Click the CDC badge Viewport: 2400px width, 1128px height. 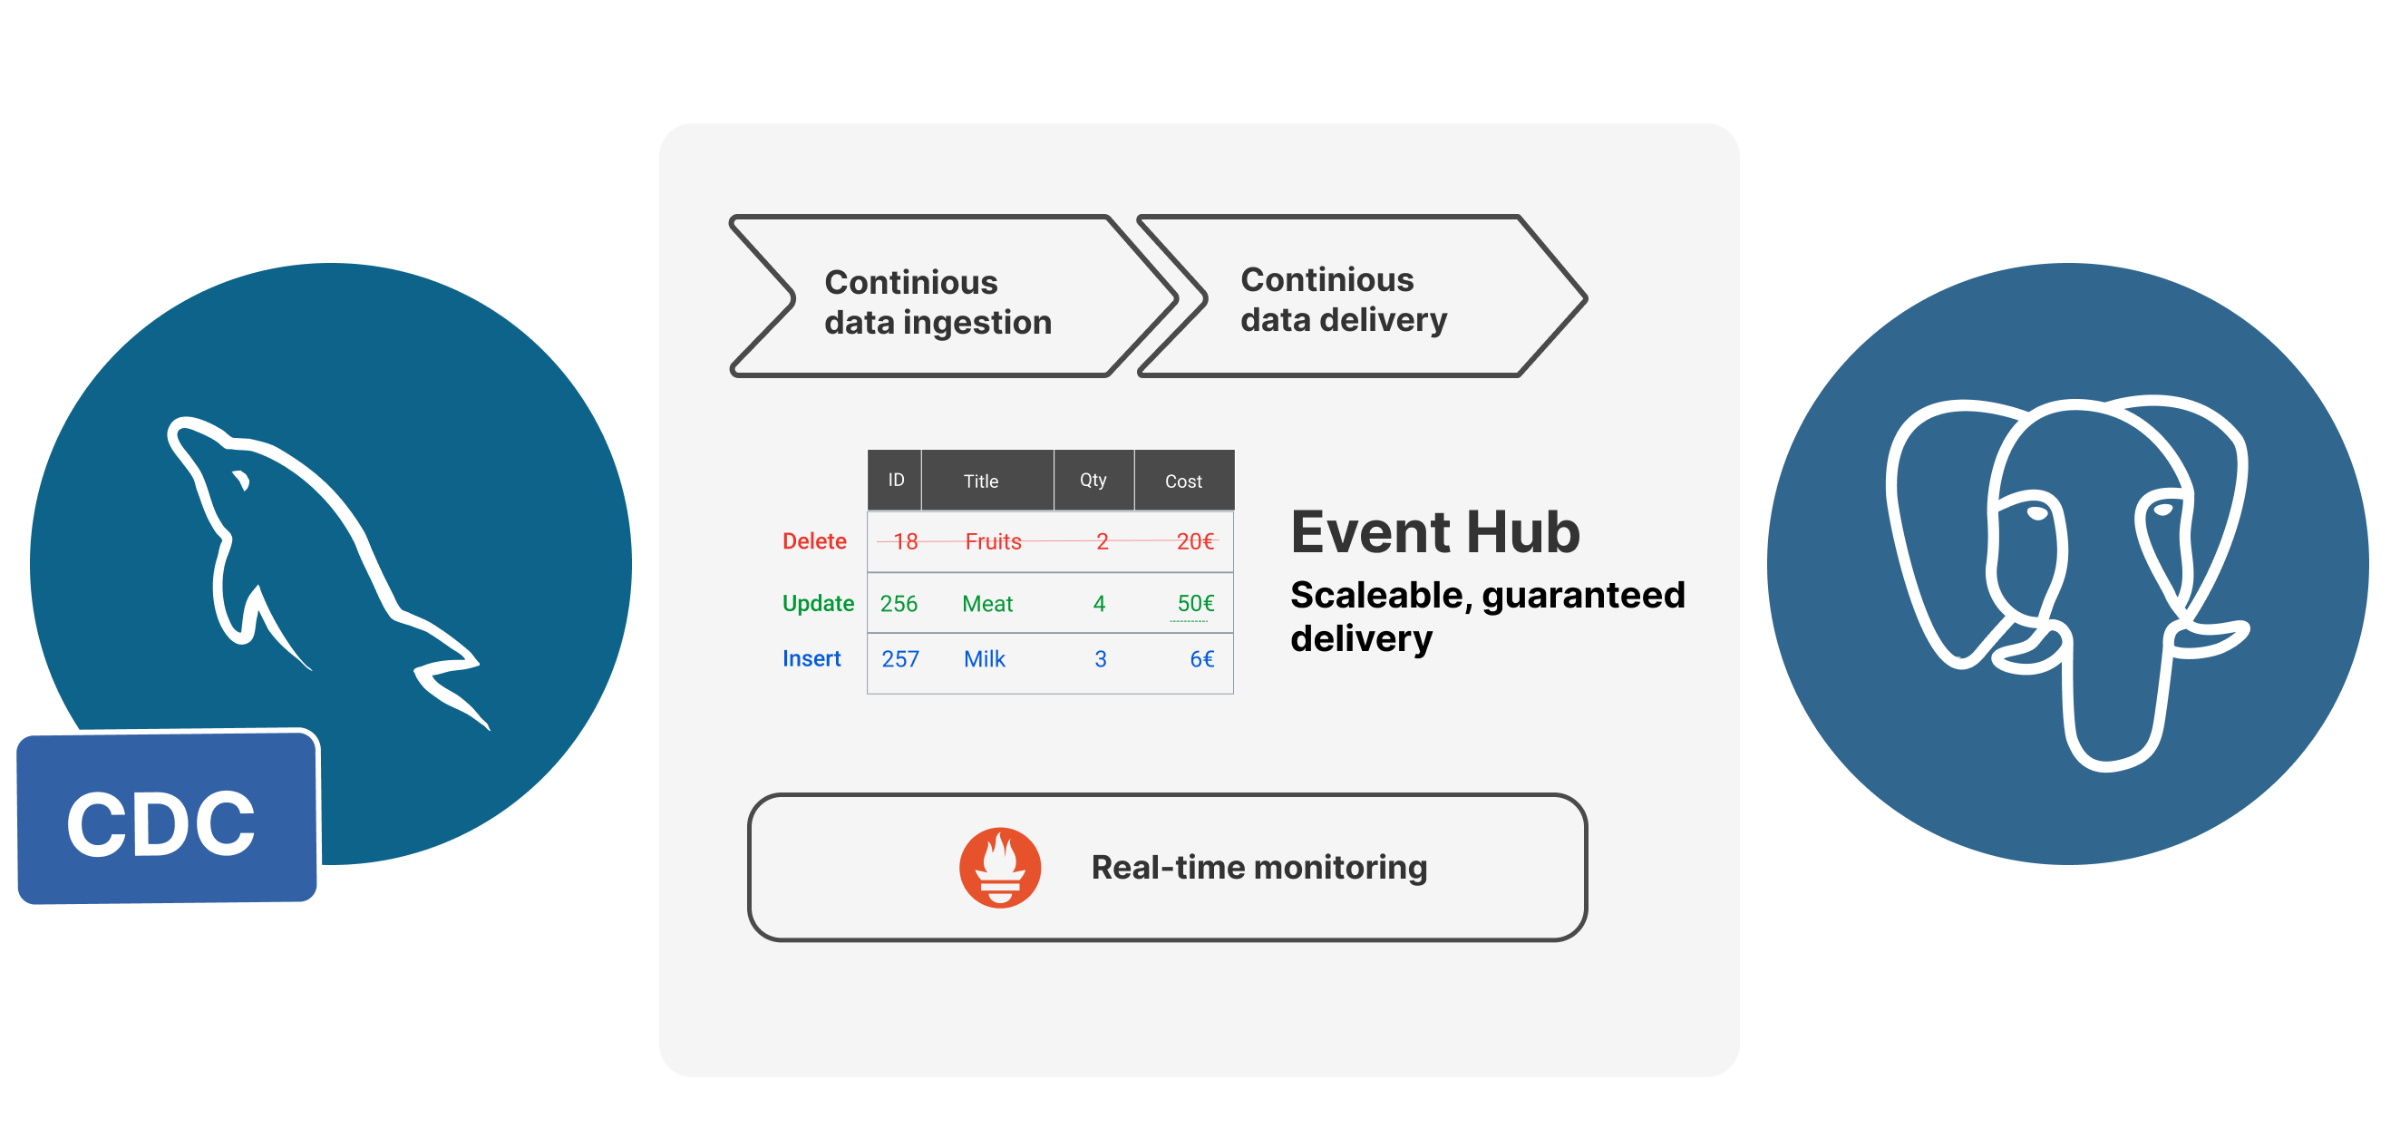[167, 819]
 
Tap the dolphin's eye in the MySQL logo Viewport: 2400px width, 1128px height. [241, 481]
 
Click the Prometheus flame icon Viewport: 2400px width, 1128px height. [1000, 867]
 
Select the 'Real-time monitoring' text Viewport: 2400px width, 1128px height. [1258, 867]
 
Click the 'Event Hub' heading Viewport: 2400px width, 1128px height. [1434, 533]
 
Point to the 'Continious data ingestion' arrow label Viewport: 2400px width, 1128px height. [938, 302]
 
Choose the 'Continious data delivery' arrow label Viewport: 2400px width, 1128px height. [1344, 299]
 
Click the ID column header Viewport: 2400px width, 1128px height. [895, 481]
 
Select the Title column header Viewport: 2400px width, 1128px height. [980, 481]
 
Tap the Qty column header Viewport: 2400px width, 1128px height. [1093, 481]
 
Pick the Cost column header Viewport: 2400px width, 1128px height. [1183, 481]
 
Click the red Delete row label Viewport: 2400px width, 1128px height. [814, 541]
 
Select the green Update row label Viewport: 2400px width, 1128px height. [818, 604]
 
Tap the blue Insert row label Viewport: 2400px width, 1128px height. [811, 658]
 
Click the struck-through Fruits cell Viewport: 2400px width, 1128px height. [993, 541]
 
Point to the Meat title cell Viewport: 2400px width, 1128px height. [986, 604]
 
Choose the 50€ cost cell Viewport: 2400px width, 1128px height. [1195, 604]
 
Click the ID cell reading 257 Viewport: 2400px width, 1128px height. [900, 659]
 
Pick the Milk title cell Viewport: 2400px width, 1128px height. [984, 659]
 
